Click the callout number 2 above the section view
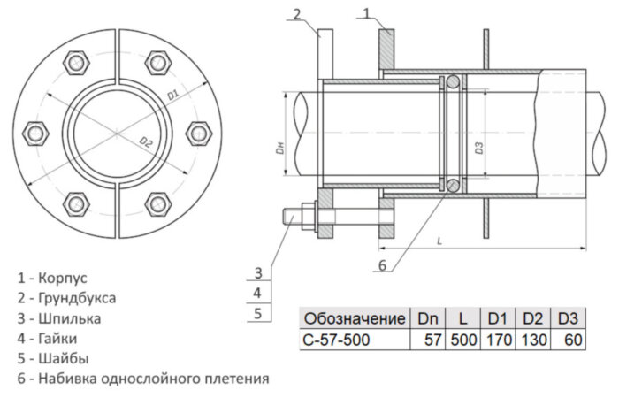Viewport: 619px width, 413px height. point(298,12)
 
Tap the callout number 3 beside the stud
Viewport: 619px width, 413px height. point(257,272)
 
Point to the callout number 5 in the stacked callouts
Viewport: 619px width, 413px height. point(257,313)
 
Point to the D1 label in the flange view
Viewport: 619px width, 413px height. point(173,92)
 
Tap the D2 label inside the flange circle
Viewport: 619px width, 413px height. point(146,141)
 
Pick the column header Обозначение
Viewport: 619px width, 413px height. point(354,317)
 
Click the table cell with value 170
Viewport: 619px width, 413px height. point(498,339)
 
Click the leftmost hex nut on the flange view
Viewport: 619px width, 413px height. point(37,133)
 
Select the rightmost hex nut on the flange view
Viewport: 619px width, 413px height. point(196,133)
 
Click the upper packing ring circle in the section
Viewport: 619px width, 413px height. point(452,82)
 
